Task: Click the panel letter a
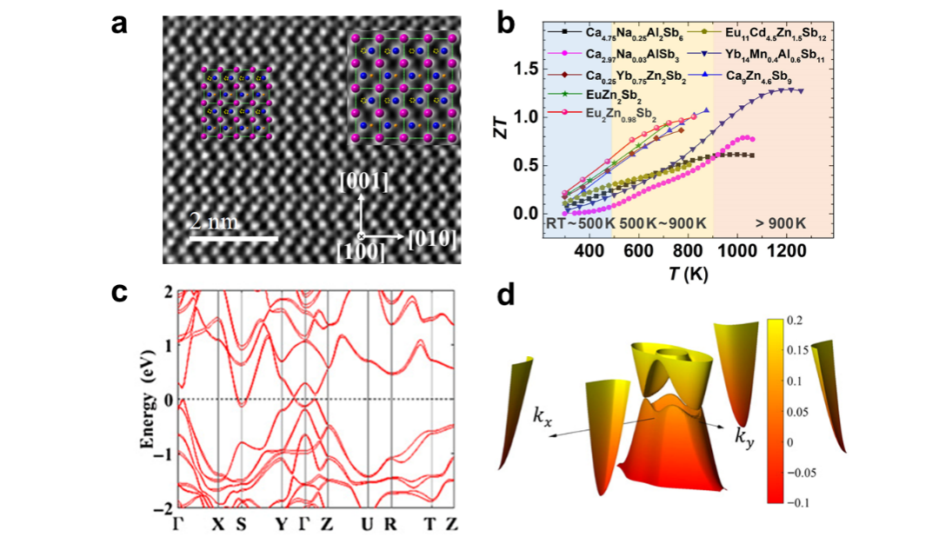click(120, 24)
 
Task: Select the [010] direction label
click(429, 237)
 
